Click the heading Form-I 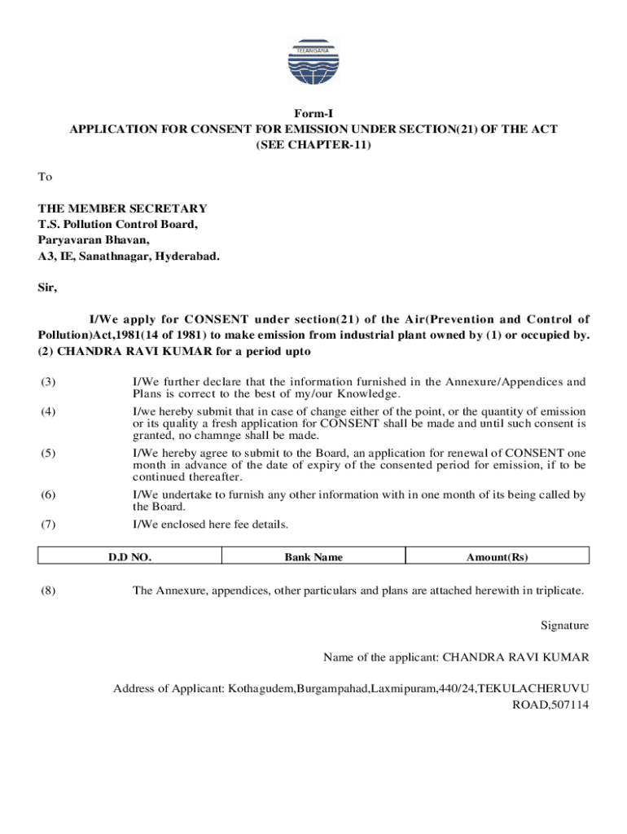(x=313, y=115)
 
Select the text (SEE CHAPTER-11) (x=313, y=145)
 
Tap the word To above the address (x=45, y=177)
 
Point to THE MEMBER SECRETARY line (x=122, y=208)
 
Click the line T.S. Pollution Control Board (x=117, y=224)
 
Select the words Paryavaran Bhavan (x=94, y=240)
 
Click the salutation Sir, (x=47, y=288)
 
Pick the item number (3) (x=48, y=382)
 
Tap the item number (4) (x=48, y=411)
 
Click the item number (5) (x=48, y=453)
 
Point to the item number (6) (x=48, y=494)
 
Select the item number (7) (x=48, y=524)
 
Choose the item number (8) (x=48, y=591)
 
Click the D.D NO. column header (x=130, y=557)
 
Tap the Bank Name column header (x=313, y=557)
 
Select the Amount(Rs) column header (x=497, y=557)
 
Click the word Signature (x=564, y=625)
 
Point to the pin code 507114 (x=568, y=705)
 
